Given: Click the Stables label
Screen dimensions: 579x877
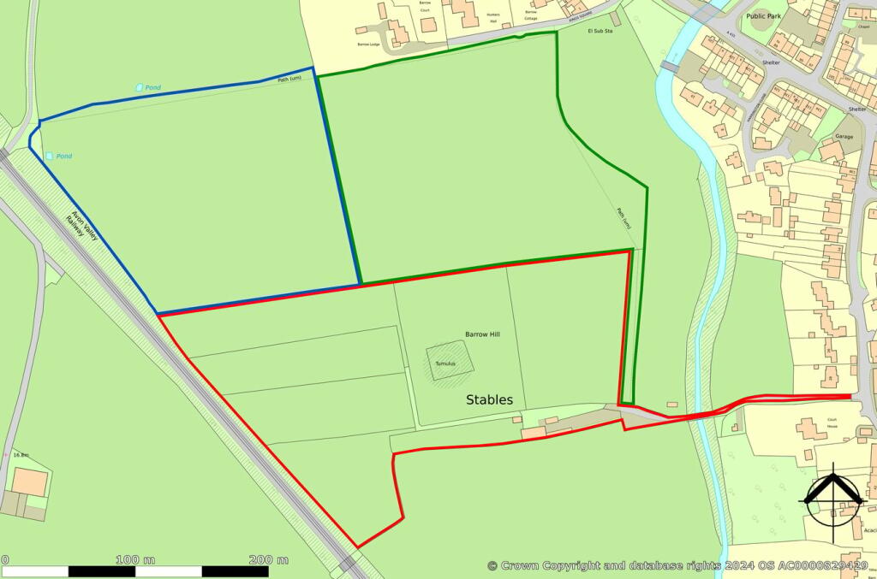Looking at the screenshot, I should pos(489,399).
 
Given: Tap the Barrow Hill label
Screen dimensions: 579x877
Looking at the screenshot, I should pos(482,334).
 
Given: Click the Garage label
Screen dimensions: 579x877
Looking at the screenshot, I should pos(844,136).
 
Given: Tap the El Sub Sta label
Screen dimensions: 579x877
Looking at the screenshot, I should pos(600,31).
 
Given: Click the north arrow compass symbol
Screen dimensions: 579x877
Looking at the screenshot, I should pos(831,499).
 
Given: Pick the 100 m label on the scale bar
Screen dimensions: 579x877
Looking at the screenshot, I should pos(135,559).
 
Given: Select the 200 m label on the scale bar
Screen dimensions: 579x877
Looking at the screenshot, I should pos(268,559).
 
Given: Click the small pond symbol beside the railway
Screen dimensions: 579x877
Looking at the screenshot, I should pos(49,156).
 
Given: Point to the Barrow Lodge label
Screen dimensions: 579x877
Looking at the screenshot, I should pos(368,44).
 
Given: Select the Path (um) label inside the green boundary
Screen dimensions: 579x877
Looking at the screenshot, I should pos(624,218).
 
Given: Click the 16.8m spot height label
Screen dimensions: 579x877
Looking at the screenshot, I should pos(21,455).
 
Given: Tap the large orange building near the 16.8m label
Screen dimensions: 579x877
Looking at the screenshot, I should pos(30,482).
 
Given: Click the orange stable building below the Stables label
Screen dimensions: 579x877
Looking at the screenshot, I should pos(534,434).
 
